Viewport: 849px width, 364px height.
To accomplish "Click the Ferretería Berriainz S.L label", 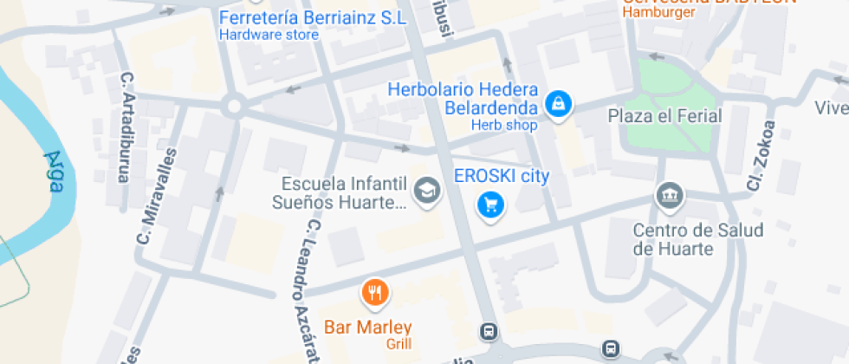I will [313, 18].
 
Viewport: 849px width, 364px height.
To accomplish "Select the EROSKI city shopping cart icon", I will [491, 205].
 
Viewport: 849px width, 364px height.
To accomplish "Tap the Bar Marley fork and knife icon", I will [375, 293].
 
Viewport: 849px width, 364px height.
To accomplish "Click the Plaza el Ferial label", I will [665, 115].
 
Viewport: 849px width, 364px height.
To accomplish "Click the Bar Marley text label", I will [367, 328].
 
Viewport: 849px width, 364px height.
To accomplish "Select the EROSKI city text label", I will [502, 176].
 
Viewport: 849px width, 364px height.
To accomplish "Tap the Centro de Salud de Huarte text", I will [685, 239].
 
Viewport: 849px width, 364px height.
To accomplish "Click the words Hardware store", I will [269, 36].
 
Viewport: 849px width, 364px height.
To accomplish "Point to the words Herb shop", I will [504, 126].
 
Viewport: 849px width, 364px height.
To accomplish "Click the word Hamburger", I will [659, 13].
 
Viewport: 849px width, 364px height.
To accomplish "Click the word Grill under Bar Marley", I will [399, 344].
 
